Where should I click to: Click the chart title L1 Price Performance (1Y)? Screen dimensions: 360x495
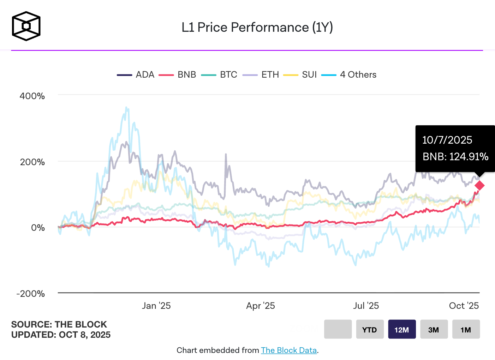[257, 28]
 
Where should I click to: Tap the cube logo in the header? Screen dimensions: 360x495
[26, 26]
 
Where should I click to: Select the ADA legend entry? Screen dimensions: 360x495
[136, 75]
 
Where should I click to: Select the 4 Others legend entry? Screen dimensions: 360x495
[349, 75]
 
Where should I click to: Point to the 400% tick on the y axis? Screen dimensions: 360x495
[32, 96]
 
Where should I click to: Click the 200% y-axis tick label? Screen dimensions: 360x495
[32, 162]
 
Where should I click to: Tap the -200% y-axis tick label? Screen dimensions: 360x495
[30, 294]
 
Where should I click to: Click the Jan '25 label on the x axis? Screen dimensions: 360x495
[156, 306]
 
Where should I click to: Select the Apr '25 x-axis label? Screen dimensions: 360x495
[261, 306]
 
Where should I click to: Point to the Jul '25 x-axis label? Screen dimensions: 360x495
[366, 306]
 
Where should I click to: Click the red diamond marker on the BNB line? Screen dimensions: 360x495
[479, 186]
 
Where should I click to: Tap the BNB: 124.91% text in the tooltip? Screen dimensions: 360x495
[455, 157]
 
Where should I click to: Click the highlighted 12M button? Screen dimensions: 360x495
[402, 329]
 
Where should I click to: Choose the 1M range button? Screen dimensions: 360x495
[466, 329]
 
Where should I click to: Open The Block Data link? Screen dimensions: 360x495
[289, 350]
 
